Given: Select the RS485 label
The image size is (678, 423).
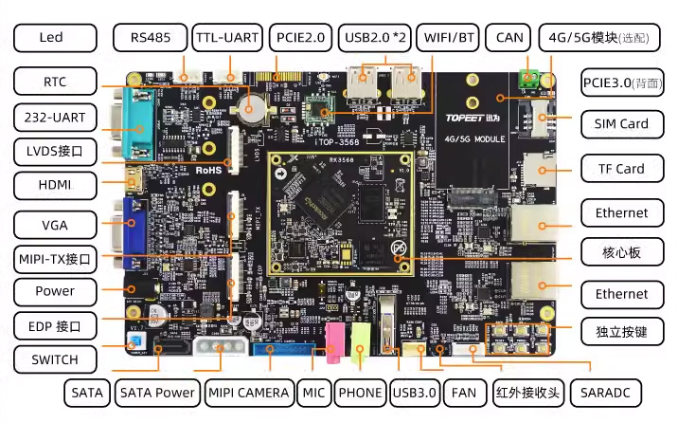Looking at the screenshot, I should (150, 38).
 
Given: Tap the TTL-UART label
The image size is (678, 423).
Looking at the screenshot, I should (226, 38).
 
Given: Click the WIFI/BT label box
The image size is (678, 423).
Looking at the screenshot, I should (450, 38).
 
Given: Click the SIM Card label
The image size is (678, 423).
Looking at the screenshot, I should (620, 123).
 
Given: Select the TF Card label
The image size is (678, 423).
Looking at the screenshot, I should (620, 169).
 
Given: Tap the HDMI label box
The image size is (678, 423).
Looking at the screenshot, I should (55, 184).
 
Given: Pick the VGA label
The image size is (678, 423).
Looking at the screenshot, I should (55, 225).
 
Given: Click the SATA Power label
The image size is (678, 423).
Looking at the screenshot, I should (157, 392).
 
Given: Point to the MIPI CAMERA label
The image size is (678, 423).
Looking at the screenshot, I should (248, 392).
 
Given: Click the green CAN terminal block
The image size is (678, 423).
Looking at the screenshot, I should (532, 79).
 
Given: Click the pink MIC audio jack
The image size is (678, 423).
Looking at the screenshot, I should (334, 342).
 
